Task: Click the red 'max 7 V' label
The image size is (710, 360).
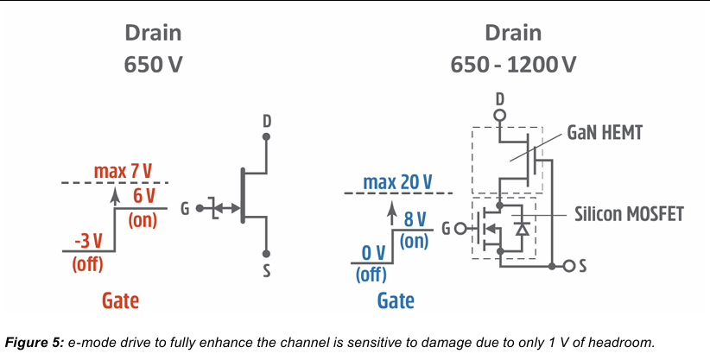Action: pos(124,171)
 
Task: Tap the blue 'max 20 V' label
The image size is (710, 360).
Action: pos(397,182)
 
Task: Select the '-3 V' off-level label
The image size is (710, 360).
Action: pos(89,242)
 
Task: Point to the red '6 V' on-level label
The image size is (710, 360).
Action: pos(144,197)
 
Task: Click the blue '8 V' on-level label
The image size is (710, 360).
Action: pos(415,218)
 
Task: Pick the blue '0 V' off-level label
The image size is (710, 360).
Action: pos(373,254)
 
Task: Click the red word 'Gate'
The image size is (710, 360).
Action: pos(120,300)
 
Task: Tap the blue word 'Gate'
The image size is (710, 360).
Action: pos(396,300)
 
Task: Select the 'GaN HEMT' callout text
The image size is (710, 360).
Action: pos(605,133)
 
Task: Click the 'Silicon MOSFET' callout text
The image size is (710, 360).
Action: pos(629,214)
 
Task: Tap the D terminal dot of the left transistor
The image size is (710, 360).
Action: pos(266,136)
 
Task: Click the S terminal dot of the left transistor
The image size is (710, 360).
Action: pos(266,254)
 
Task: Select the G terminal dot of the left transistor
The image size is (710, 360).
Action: pos(200,208)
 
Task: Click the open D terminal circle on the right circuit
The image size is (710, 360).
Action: pos(500,115)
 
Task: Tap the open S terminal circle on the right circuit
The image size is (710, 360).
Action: pos(569,266)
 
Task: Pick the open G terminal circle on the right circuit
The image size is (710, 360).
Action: pos(460,229)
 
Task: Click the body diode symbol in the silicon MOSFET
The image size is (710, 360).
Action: pos(523,229)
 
